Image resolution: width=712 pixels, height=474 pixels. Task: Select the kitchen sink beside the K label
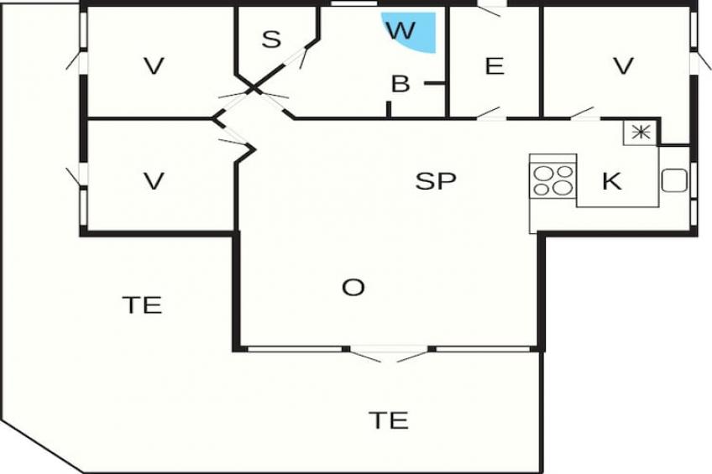point(674,180)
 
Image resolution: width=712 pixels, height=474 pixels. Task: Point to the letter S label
point(270,39)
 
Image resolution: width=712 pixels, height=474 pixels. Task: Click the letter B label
point(400,84)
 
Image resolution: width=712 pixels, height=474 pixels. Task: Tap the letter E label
point(495,66)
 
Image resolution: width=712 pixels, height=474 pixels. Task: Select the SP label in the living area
point(436,180)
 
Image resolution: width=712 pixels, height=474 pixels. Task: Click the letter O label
point(353,288)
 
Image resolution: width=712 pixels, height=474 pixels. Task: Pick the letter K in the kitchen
point(612,180)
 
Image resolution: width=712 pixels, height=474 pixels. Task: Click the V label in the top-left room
point(153,66)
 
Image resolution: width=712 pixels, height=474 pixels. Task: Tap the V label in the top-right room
point(622,66)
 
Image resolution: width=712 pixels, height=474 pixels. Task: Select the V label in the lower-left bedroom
point(153,181)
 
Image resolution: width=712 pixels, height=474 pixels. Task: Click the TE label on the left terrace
point(142,305)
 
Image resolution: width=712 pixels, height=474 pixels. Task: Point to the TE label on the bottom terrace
point(389,419)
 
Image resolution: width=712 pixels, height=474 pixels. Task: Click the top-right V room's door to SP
point(583,114)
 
